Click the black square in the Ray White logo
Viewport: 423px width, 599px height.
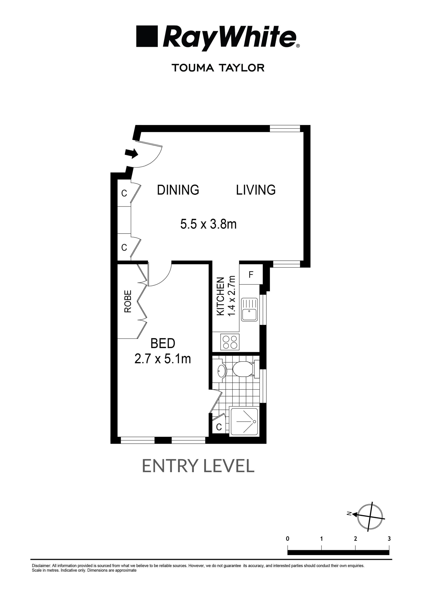[147, 36]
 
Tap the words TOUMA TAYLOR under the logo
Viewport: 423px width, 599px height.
[218, 68]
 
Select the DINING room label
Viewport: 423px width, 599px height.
[178, 190]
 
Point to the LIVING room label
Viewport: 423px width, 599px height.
[256, 190]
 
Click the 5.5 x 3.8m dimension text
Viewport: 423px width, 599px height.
[208, 224]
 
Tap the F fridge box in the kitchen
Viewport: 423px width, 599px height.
[251, 274]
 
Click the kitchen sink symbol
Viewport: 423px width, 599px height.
[249, 310]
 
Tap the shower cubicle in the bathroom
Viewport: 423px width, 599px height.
[244, 421]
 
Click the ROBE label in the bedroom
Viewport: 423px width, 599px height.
[128, 301]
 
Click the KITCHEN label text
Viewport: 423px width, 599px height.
[221, 296]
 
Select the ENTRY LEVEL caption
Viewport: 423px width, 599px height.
[198, 466]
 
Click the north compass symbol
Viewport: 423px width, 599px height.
[369, 517]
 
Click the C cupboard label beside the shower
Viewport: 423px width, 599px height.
[219, 427]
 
